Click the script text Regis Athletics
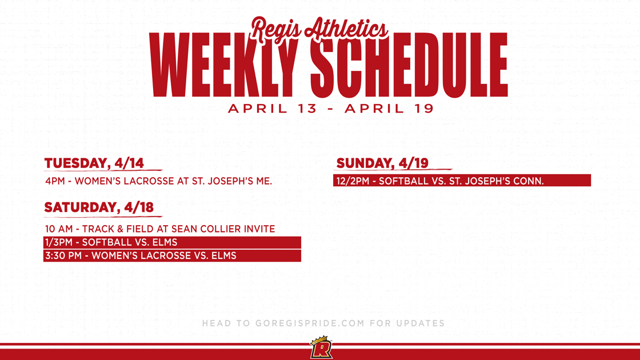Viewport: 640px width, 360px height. pyautogui.click(x=319, y=29)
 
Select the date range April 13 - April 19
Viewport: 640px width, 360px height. pyautogui.click(x=331, y=109)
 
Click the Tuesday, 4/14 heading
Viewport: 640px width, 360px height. pyautogui.click(x=94, y=163)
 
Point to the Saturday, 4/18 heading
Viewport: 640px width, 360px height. pyautogui.click(x=99, y=207)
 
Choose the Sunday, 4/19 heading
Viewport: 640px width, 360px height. pyautogui.click(x=382, y=163)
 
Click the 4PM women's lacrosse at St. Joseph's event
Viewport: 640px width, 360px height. pyautogui.click(x=159, y=181)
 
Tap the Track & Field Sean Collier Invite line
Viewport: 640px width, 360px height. pyautogui.click(x=160, y=229)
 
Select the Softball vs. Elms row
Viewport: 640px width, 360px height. pyautogui.click(x=172, y=242)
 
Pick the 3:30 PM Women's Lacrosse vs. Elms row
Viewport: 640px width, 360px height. pyautogui.click(x=172, y=255)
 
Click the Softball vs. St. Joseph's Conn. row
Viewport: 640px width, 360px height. pyautogui.click(x=462, y=181)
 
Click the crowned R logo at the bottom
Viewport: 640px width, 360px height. pyautogui.click(x=321, y=348)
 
